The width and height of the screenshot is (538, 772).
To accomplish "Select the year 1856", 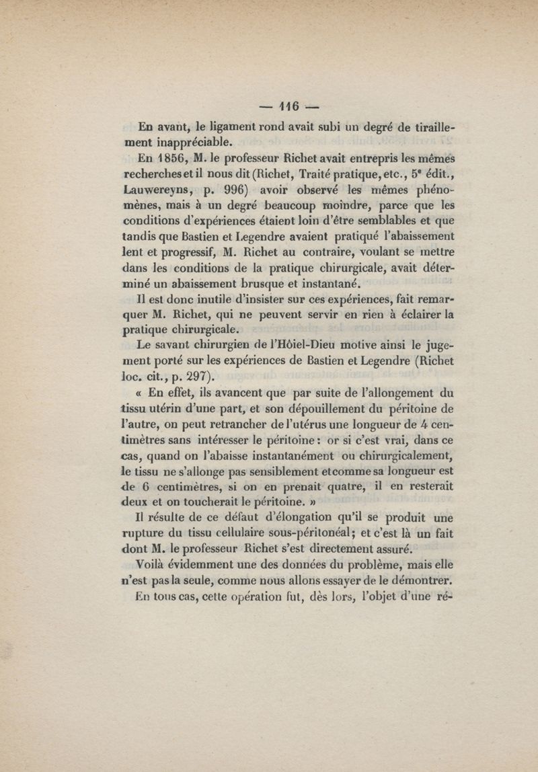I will pos(172,160).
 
